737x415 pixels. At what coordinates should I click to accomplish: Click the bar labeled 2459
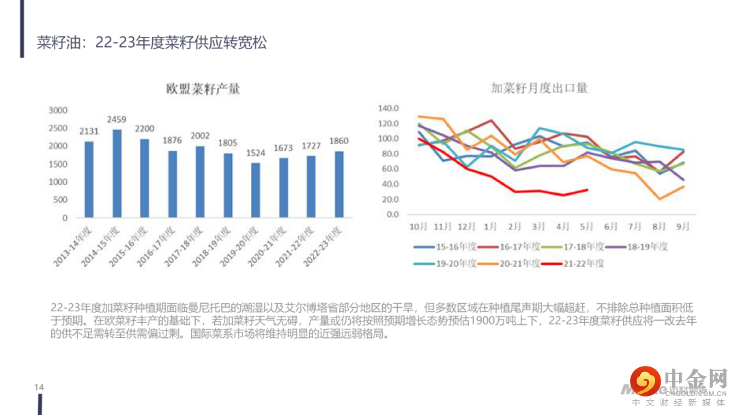coord(117,173)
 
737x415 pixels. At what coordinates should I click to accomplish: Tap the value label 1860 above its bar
coord(339,141)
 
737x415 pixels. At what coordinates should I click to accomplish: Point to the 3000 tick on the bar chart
coord(59,110)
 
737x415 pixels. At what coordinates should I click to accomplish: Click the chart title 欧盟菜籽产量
coord(203,89)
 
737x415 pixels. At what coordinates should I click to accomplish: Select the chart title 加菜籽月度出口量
coord(540,88)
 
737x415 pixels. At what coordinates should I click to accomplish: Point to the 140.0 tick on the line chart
coord(387,109)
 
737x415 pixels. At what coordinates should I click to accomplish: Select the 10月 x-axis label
coord(418,226)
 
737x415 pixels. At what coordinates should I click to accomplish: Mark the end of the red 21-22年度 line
coord(588,190)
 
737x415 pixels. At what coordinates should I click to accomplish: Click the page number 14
coord(39,388)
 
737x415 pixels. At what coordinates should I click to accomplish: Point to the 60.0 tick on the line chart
coord(389,169)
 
